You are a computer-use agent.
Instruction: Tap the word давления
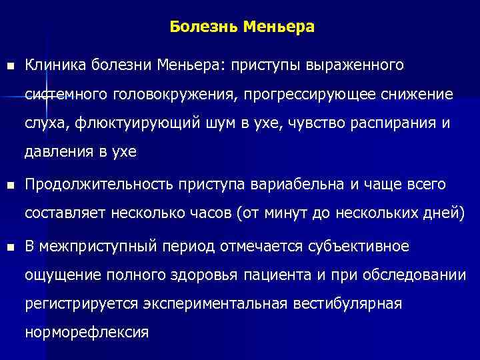[x=57, y=152]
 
